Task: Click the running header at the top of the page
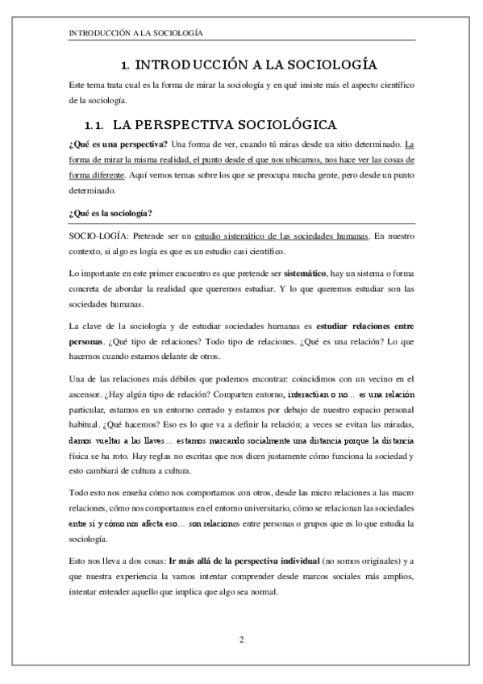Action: pyautogui.click(x=135, y=34)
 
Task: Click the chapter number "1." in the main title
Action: pyautogui.click(x=125, y=65)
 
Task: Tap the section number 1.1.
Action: pyautogui.click(x=95, y=126)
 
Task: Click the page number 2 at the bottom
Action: pyautogui.click(x=241, y=640)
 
